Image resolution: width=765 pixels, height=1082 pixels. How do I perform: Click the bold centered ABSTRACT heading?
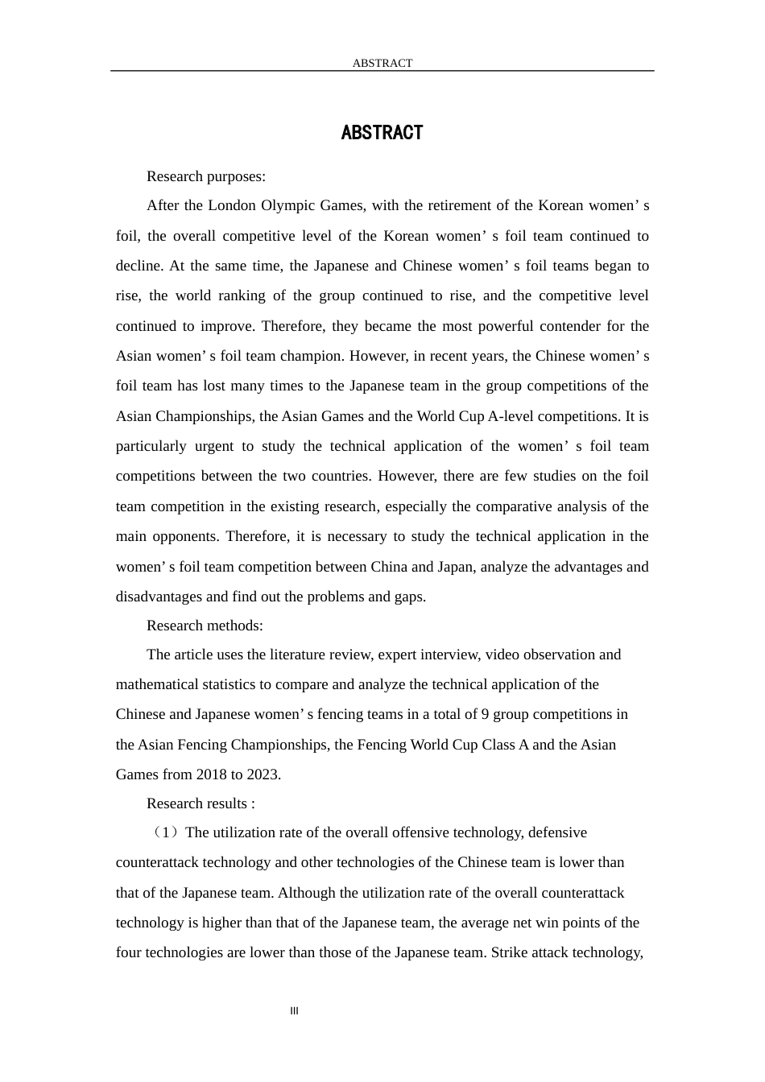(382, 133)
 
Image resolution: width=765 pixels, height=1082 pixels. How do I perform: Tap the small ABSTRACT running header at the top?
(382, 63)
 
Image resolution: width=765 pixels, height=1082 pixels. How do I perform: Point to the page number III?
(294, 1011)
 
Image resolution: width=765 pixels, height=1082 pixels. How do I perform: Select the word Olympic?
(288, 205)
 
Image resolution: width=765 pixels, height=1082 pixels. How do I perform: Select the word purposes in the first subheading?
(236, 176)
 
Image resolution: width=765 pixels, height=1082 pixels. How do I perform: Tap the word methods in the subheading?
(234, 626)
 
